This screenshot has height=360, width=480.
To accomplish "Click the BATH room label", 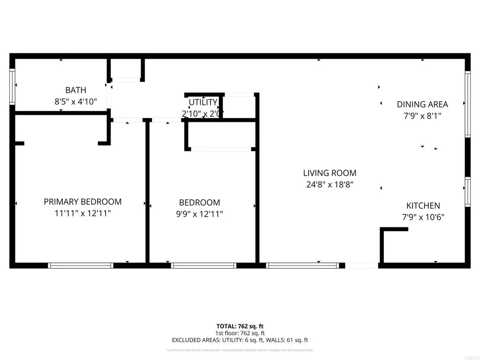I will click(x=75, y=90).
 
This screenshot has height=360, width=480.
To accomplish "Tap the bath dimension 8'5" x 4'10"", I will click(x=75, y=101).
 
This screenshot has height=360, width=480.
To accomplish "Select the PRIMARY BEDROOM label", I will click(x=82, y=202).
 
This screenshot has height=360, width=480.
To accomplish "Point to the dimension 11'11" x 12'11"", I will click(x=82, y=213).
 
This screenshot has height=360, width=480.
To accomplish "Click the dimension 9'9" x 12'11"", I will click(x=200, y=214).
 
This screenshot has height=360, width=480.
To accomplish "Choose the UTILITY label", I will click(x=203, y=102).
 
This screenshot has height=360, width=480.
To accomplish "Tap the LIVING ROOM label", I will click(x=330, y=173).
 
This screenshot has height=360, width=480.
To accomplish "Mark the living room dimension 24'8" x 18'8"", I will click(x=330, y=184).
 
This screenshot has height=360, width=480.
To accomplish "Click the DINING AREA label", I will click(x=422, y=105).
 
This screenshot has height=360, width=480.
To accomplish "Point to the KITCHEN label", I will click(x=423, y=206).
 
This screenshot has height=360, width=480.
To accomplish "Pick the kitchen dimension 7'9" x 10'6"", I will click(x=423, y=217).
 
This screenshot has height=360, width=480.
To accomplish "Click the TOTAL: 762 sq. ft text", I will click(x=240, y=326).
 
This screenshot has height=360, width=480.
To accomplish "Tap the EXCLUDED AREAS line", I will click(x=240, y=340).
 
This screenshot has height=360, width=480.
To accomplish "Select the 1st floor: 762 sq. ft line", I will click(x=240, y=333).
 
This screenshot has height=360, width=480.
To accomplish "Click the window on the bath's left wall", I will click(x=12, y=87).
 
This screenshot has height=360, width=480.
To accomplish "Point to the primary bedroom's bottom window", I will click(x=81, y=265).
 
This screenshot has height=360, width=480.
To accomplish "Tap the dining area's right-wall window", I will click(x=467, y=104).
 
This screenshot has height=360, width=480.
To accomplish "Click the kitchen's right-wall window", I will click(x=467, y=192).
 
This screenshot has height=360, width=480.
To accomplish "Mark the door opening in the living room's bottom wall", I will click(x=361, y=265).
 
